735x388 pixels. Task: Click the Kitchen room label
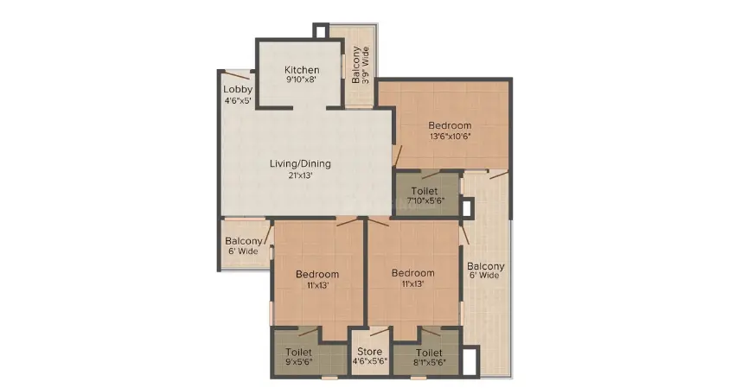[x=302, y=70]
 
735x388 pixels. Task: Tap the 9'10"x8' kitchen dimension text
[x=302, y=80]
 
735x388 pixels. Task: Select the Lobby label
[x=238, y=89]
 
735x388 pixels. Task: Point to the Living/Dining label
[x=300, y=163]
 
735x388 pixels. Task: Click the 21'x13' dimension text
[x=300, y=175]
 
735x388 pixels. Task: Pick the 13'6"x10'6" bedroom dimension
[x=450, y=137]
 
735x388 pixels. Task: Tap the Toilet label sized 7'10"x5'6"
[x=425, y=191]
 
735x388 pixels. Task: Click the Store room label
[x=369, y=352]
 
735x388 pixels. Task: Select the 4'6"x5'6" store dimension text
[x=369, y=362]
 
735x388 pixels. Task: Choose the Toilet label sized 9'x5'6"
[x=298, y=352]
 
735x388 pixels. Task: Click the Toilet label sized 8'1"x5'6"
[x=429, y=353]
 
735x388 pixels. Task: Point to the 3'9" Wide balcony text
[x=366, y=65]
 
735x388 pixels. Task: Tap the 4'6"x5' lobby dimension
[x=238, y=100]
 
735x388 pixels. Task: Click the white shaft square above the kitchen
[x=321, y=31]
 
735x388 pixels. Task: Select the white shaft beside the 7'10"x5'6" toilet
[x=467, y=207]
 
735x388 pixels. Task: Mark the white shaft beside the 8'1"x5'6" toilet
[x=470, y=362]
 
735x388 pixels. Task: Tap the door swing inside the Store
[x=379, y=332]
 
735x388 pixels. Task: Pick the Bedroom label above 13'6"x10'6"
[x=450, y=125]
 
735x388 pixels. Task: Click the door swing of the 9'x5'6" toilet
[x=309, y=332]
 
